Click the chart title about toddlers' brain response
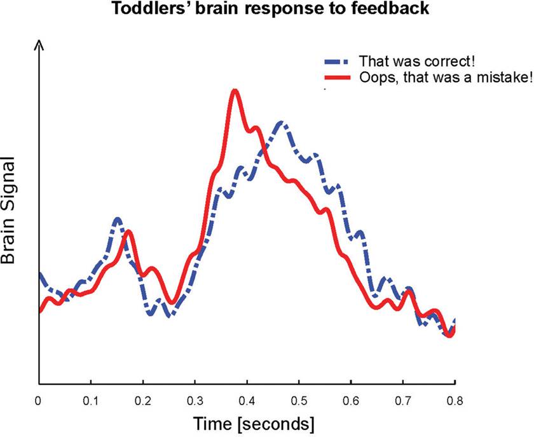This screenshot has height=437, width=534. (266, 9)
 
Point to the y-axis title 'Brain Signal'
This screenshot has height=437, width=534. (9, 219)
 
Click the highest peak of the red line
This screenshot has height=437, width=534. (235, 90)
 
